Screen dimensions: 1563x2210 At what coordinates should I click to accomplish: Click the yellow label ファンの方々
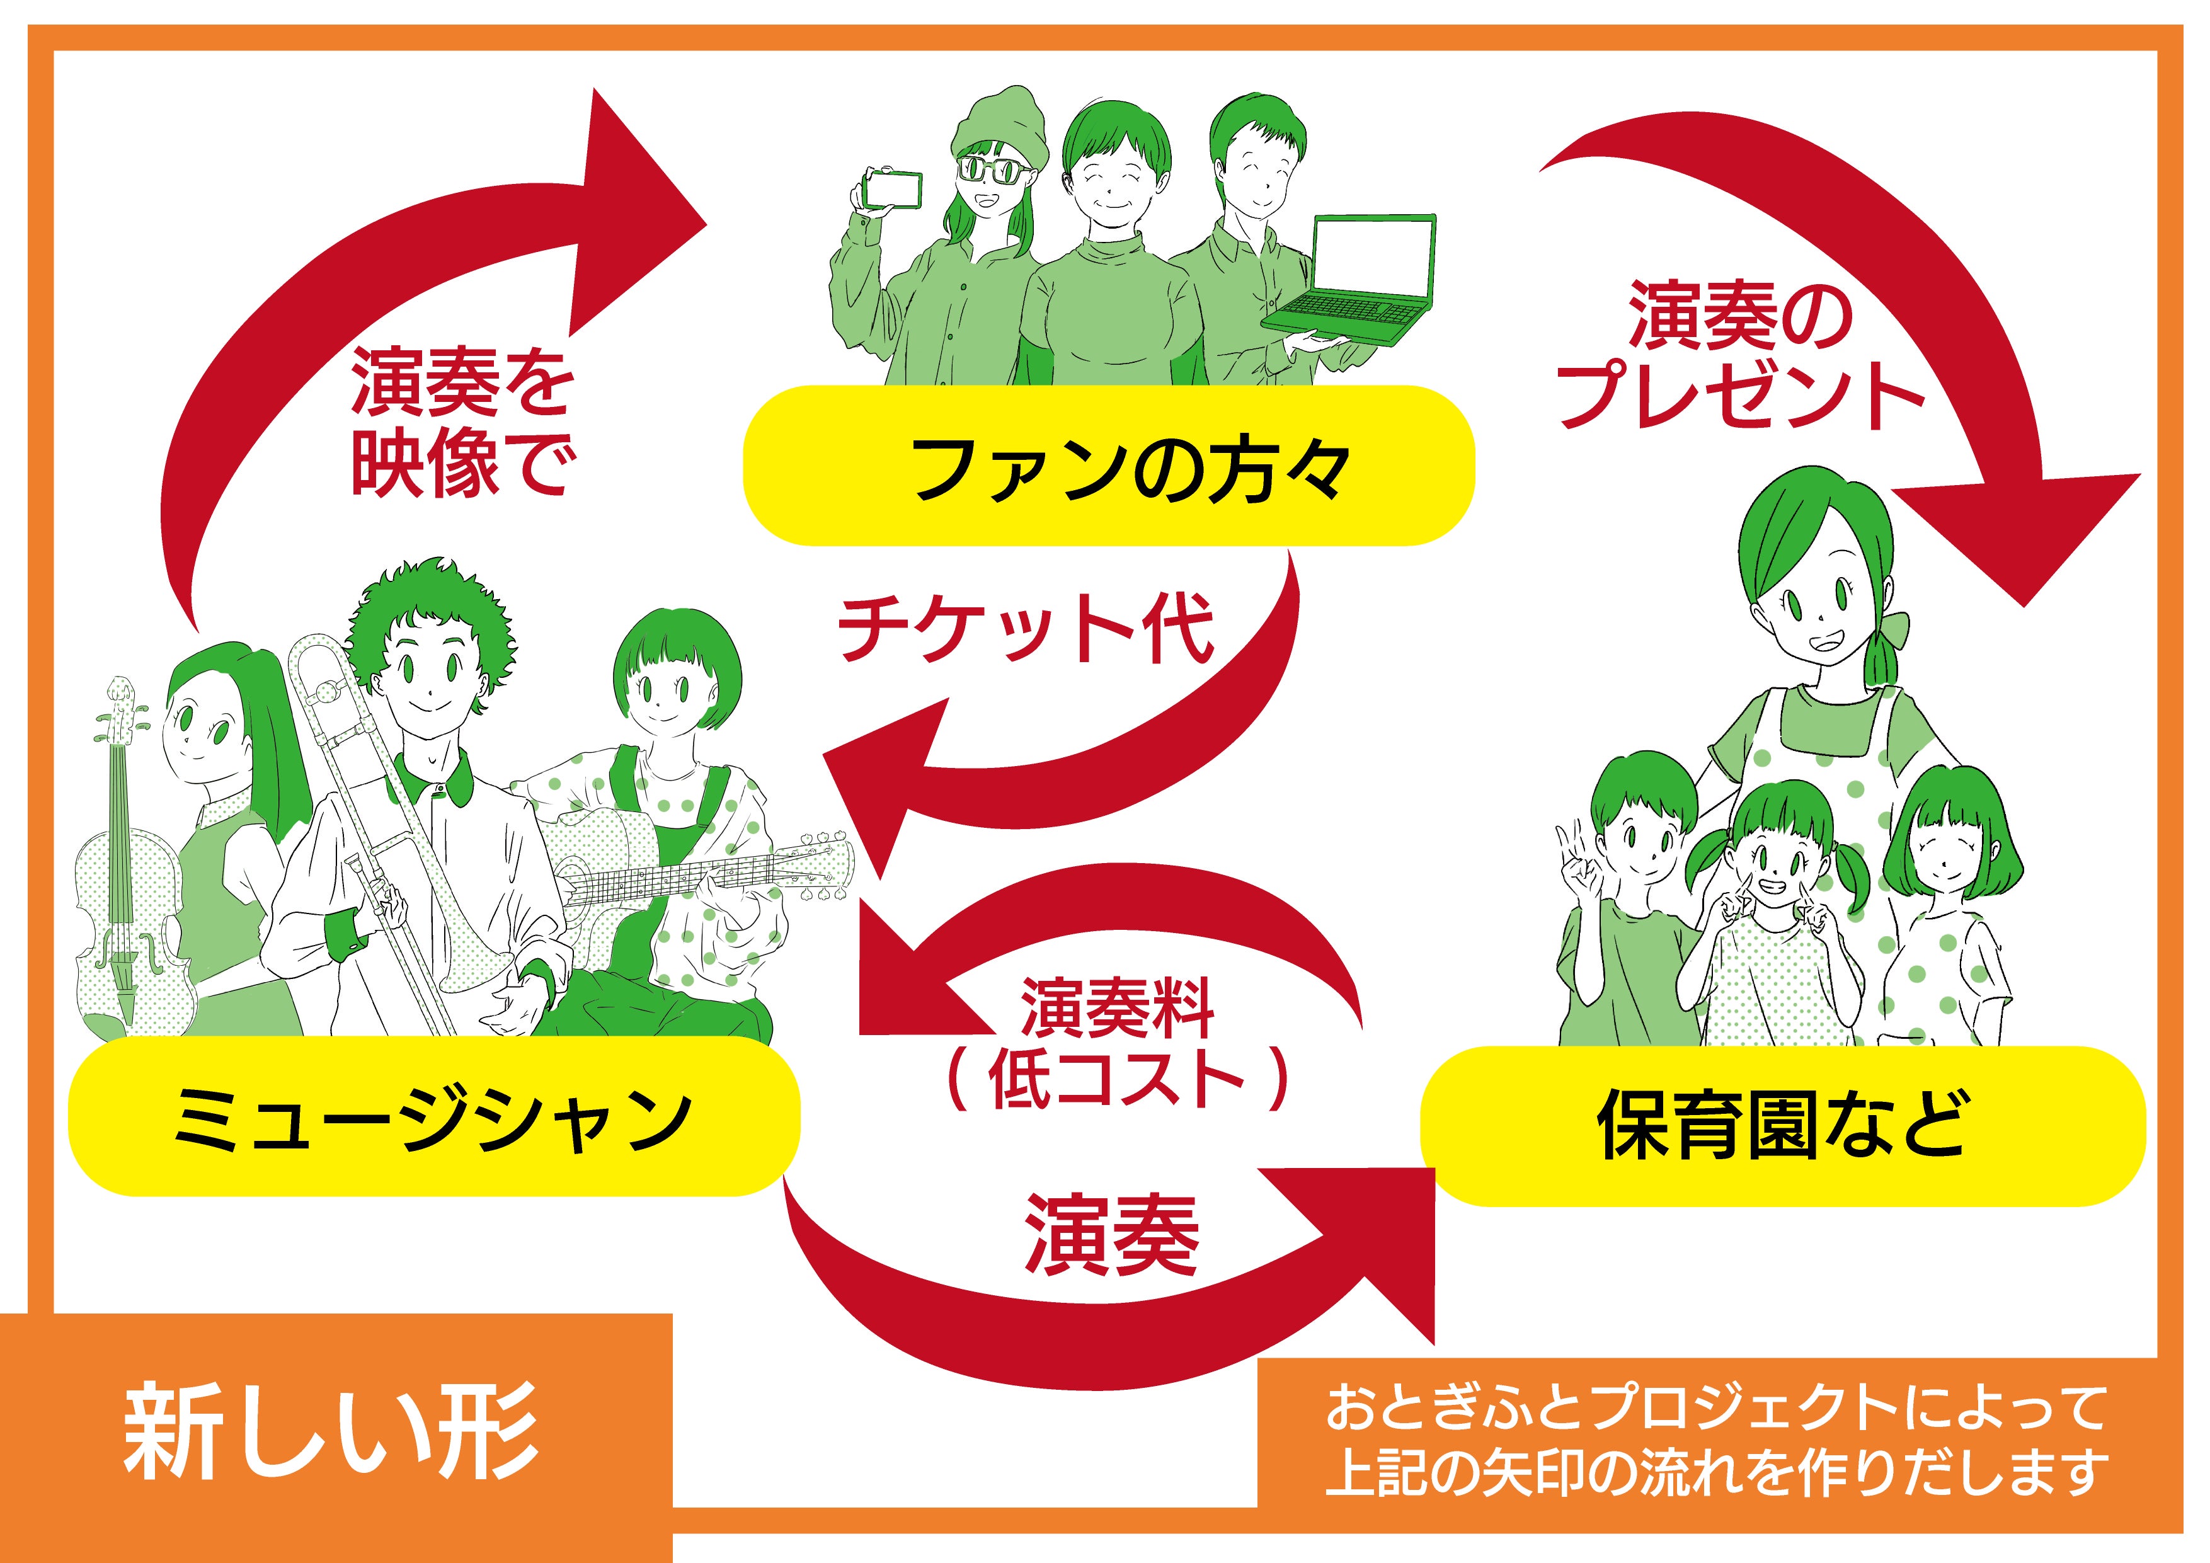(1109, 466)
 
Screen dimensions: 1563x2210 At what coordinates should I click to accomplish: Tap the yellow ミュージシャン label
(433, 1116)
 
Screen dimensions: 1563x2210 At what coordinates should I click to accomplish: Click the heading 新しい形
(332, 1431)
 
